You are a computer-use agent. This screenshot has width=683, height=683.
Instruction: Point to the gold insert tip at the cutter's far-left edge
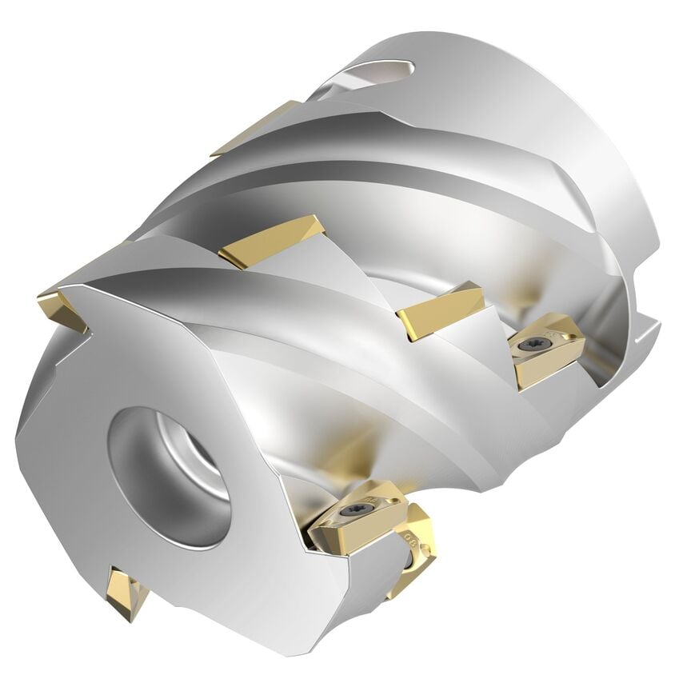click(61, 309)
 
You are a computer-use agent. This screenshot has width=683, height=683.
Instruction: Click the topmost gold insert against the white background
click(254, 128)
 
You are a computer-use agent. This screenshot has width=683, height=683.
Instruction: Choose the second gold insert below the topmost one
click(272, 241)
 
